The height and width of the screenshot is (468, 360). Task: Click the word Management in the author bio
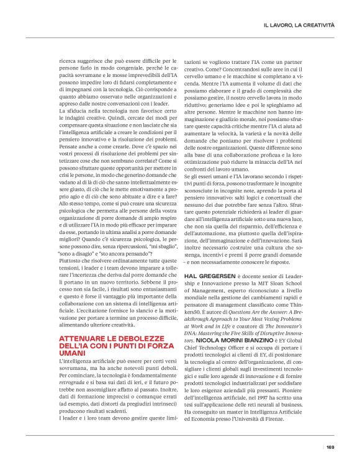pos(207,307)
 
